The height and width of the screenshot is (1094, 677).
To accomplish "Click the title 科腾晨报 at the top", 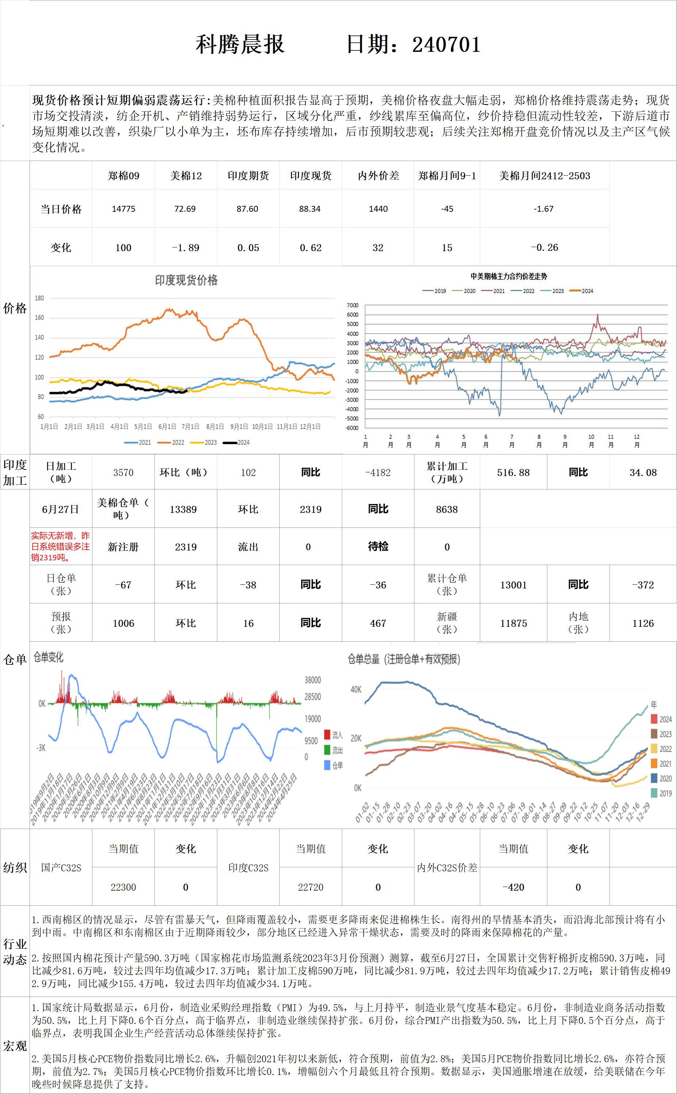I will tap(240, 44).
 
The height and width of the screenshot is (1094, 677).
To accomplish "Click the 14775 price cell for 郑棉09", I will tap(123, 208).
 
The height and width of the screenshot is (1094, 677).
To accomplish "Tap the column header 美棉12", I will tap(186, 176).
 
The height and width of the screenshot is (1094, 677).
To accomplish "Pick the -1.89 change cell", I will tap(186, 247).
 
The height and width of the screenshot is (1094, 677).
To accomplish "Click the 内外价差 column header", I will tap(378, 176).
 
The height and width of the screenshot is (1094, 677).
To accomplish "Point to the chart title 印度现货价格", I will tap(186, 281).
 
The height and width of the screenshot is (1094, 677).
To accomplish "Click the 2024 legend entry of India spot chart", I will tap(237, 442).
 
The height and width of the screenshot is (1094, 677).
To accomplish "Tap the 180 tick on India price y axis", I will tap(39, 298).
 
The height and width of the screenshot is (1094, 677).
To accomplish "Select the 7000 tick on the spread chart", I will tap(352, 305).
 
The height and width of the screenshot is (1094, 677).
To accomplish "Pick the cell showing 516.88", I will tap(513, 473).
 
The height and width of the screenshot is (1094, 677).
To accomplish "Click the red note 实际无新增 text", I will tap(61, 546).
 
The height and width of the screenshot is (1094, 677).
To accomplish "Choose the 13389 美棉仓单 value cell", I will tap(183, 509).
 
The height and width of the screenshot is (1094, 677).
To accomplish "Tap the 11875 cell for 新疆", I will tap(513, 623).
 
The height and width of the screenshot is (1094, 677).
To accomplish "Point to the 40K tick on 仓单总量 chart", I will tap(356, 689).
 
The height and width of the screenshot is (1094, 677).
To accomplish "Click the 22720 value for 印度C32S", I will tap(310, 887).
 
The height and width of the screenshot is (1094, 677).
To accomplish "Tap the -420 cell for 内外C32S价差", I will tap(513, 887).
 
